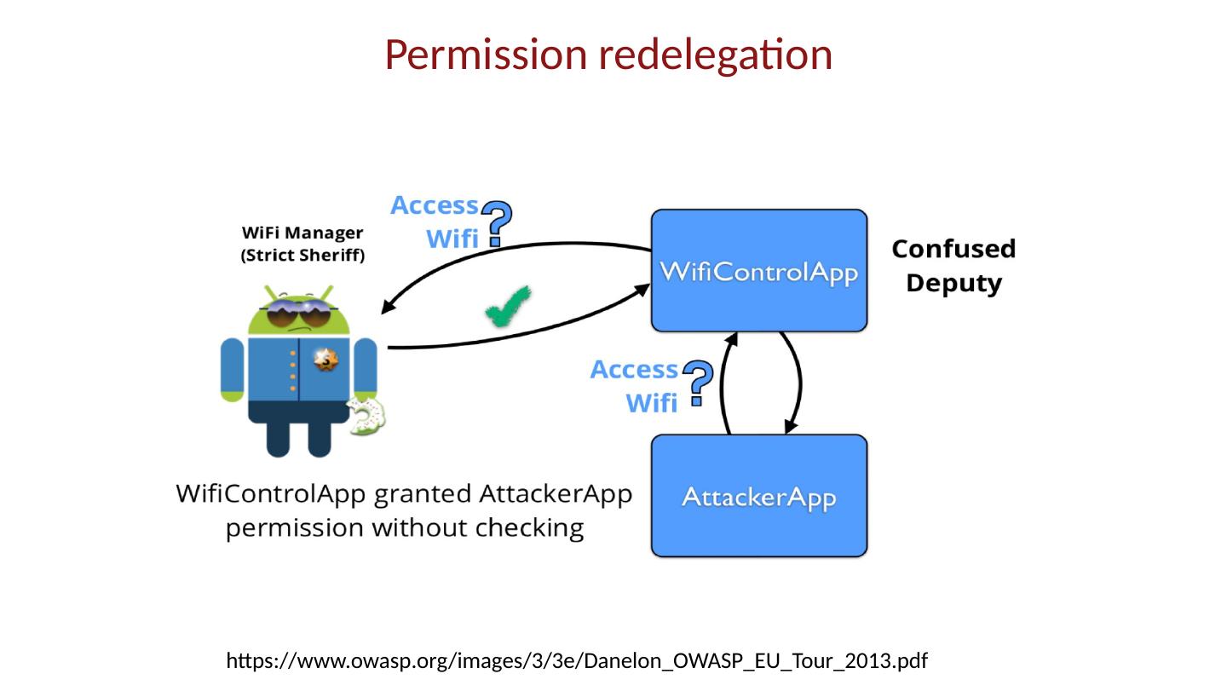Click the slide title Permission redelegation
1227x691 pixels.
coord(608,55)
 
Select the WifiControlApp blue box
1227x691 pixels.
coord(758,271)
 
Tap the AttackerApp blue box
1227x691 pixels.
coord(758,496)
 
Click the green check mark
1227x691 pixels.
coord(509,305)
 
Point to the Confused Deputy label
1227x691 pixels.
coord(953,266)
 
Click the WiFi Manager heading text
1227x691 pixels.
coord(302,233)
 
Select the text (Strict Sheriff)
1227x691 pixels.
coord(302,256)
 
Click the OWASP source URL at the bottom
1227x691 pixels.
coord(576,660)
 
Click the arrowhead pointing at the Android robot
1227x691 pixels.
coord(388,308)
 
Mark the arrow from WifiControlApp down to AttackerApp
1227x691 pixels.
coord(797,383)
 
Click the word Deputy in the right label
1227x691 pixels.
coord(953,283)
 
